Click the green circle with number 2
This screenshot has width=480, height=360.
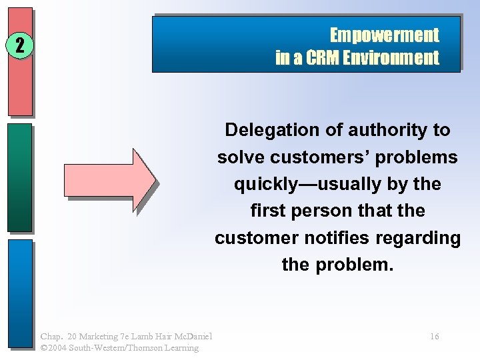point(21,45)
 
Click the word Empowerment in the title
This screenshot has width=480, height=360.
point(385,35)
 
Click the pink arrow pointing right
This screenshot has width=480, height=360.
point(110,179)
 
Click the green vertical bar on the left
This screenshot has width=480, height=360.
point(21,177)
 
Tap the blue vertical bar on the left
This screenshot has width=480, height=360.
point(21,293)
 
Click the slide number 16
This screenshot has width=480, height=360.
point(434,337)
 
